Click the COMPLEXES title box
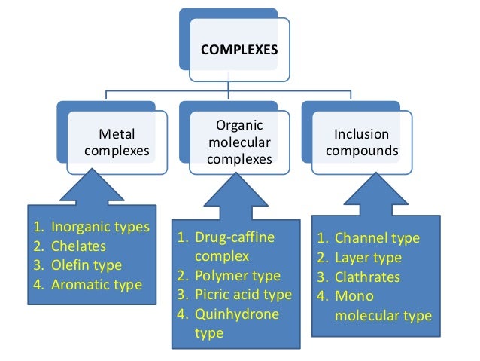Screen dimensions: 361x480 238,51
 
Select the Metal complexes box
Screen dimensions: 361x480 117,142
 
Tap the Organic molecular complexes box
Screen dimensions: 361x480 238,140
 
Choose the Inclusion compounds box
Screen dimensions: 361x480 361,142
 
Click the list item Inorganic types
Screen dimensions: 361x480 99,227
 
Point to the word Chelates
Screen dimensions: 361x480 78,246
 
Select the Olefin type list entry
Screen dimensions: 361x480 86,265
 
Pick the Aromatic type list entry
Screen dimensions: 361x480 96,285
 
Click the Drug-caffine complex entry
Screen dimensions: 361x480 233,247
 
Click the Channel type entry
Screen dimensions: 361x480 377,238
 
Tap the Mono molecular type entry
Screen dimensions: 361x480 381,305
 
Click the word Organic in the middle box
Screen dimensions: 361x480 238,125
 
